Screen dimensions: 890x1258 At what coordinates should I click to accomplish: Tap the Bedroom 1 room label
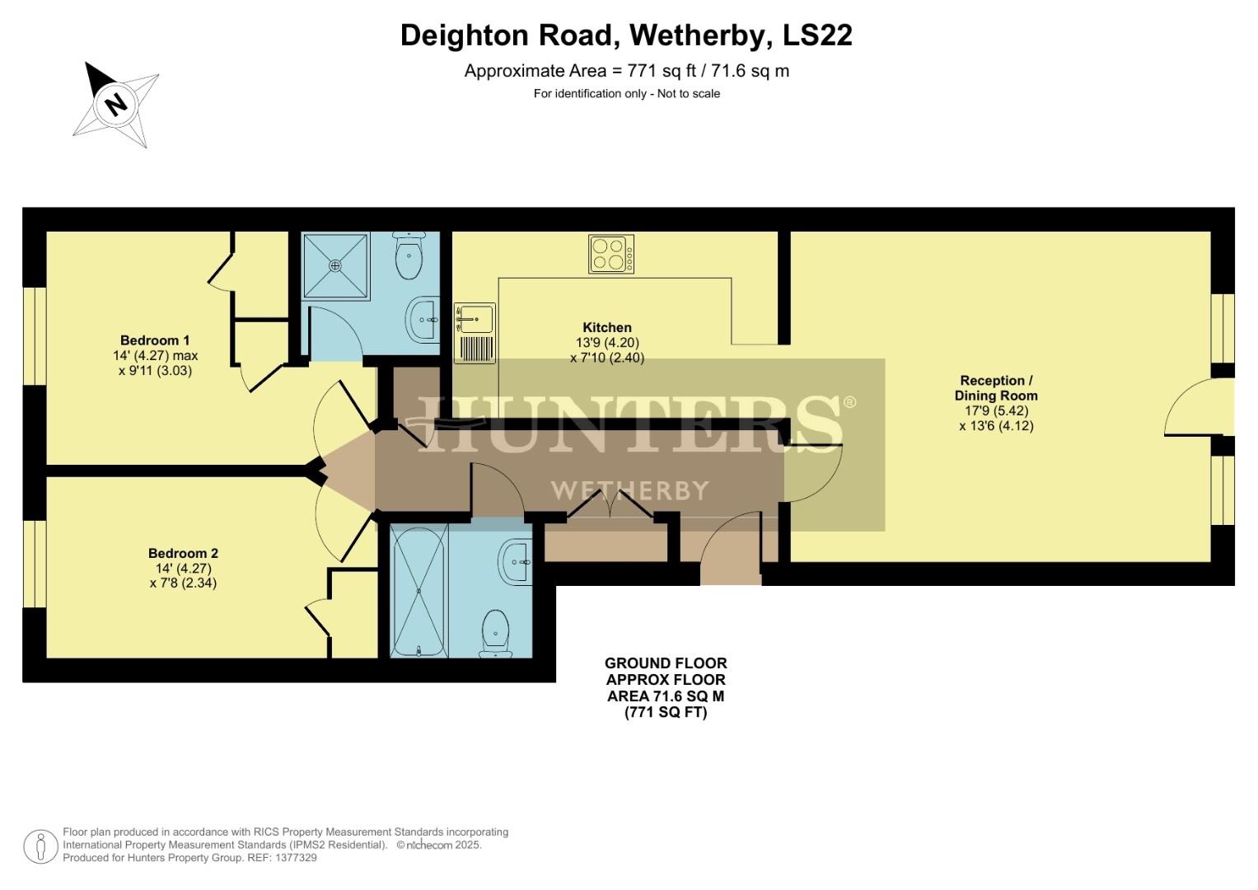[155, 340]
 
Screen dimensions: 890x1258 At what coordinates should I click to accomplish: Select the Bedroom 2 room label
[183, 554]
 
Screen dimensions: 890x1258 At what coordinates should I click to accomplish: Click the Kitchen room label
[607, 328]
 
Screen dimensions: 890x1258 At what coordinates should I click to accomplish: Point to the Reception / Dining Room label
[996, 388]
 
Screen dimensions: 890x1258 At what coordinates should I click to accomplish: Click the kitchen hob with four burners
[611, 254]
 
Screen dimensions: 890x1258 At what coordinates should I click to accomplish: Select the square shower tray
[335, 265]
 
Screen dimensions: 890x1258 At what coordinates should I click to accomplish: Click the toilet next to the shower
[409, 256]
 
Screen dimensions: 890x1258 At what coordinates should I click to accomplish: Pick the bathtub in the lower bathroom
[419, 590]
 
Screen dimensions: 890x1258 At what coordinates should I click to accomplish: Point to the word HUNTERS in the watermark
[630, 424]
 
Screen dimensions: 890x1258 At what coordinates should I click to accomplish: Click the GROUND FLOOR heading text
[666, 663]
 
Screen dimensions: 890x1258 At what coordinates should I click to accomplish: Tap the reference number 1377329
[297, 858]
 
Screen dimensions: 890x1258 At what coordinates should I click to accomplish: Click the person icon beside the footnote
[40, 846]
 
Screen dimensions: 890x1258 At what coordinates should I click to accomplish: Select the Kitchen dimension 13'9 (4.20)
[607, 343]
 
